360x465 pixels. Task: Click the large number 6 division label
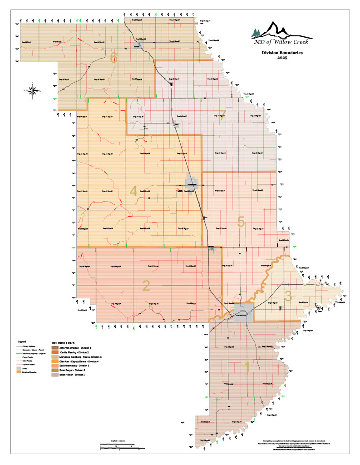pyautogui.click(x=114, y=57)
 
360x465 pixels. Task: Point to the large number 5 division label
pyautogui.click(x=241, y=222)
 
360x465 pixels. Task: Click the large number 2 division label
pyautogui.click(x=146, y=285)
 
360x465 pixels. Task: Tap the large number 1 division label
pyautogui.click(x=247, y=366)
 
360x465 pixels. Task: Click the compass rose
pyautogui.click(x=33, y=90)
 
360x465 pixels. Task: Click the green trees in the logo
pyautogui.click(x=256, y=33)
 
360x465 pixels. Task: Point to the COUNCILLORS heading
pyautogui.click(x=64, y=342)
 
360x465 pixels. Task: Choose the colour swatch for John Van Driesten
pyautogui.click(x=55, y=347)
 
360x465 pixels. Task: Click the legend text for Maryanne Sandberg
pyautogui.click(x=81, y=357)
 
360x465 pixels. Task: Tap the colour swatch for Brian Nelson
pyautogui.click(x=55, y=376)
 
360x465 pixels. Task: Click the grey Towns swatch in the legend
pyautogui.click(x=19, y=368)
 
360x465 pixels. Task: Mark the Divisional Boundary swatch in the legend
pyautogui.click(x=19, y=372)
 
